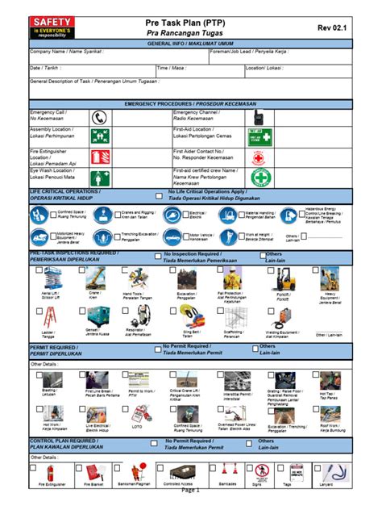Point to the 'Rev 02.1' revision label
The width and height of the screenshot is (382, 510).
[332, 28]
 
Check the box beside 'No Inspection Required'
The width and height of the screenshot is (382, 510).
[154, 257]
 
